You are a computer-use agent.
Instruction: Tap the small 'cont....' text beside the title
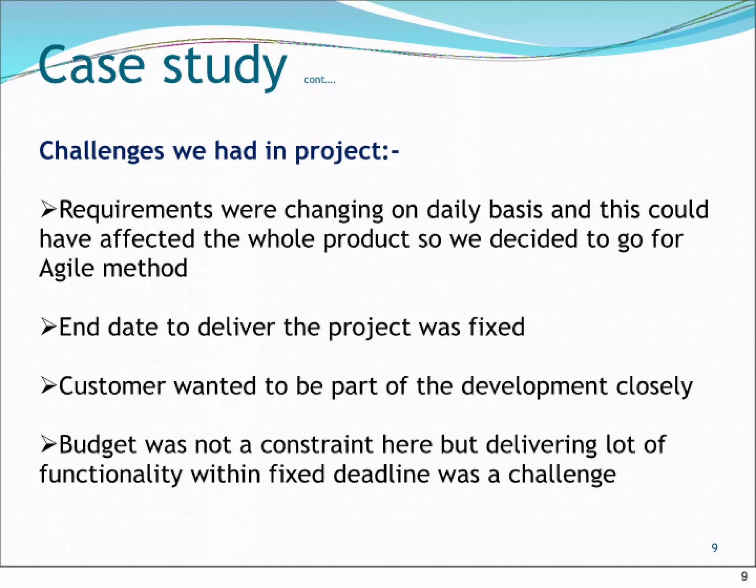click(319, 80)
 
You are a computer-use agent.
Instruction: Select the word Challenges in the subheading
click(102, 151)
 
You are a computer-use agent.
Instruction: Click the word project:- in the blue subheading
click(347, 152)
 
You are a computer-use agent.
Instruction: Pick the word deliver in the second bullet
click(236, 327)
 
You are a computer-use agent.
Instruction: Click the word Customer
click(112, 386)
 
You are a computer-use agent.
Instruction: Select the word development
click(534, 387)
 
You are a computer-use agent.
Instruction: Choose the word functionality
click(111, 475)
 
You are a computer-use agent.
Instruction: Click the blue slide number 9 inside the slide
click(715, 547)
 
